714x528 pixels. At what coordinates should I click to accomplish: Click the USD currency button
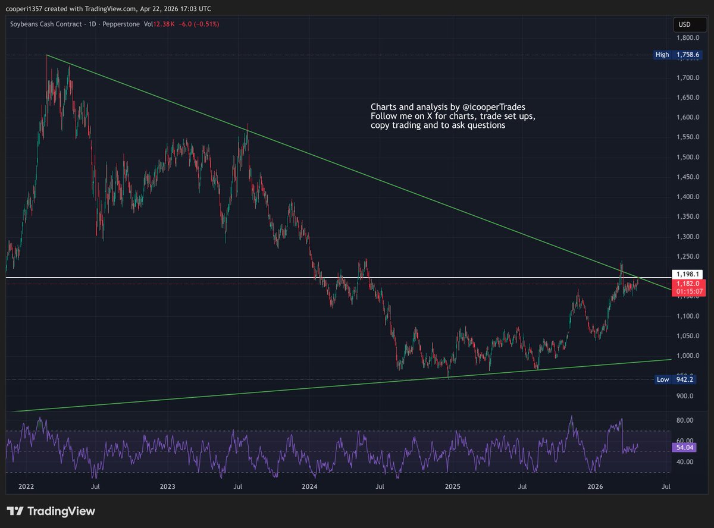(x=684, y=24)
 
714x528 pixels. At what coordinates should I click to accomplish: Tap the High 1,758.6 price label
(x=678, y=55)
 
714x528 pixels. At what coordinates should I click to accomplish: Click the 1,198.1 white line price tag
(x=686, y=274)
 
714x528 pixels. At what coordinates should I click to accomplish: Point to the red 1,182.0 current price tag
(x=686, y=285)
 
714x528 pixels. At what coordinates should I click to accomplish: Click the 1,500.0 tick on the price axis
(x=686, y=158)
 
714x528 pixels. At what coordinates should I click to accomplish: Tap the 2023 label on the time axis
(x=168, y=486)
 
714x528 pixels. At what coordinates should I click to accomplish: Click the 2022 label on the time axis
(x=26, y=486)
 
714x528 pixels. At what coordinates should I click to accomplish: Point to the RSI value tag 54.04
(x=685, y=447)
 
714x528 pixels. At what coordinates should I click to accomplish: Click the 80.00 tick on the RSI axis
(x=685, y=420)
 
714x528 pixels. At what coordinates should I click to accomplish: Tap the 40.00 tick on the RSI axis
(x=685, y=462)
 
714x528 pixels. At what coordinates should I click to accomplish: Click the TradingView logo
(x=51, y=511)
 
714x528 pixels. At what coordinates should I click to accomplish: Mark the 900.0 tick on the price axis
(x=686, y=396)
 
